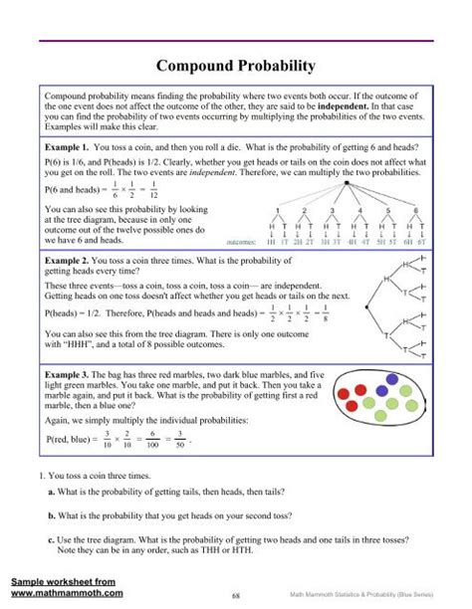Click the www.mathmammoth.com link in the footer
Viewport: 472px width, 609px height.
(67, 592)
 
